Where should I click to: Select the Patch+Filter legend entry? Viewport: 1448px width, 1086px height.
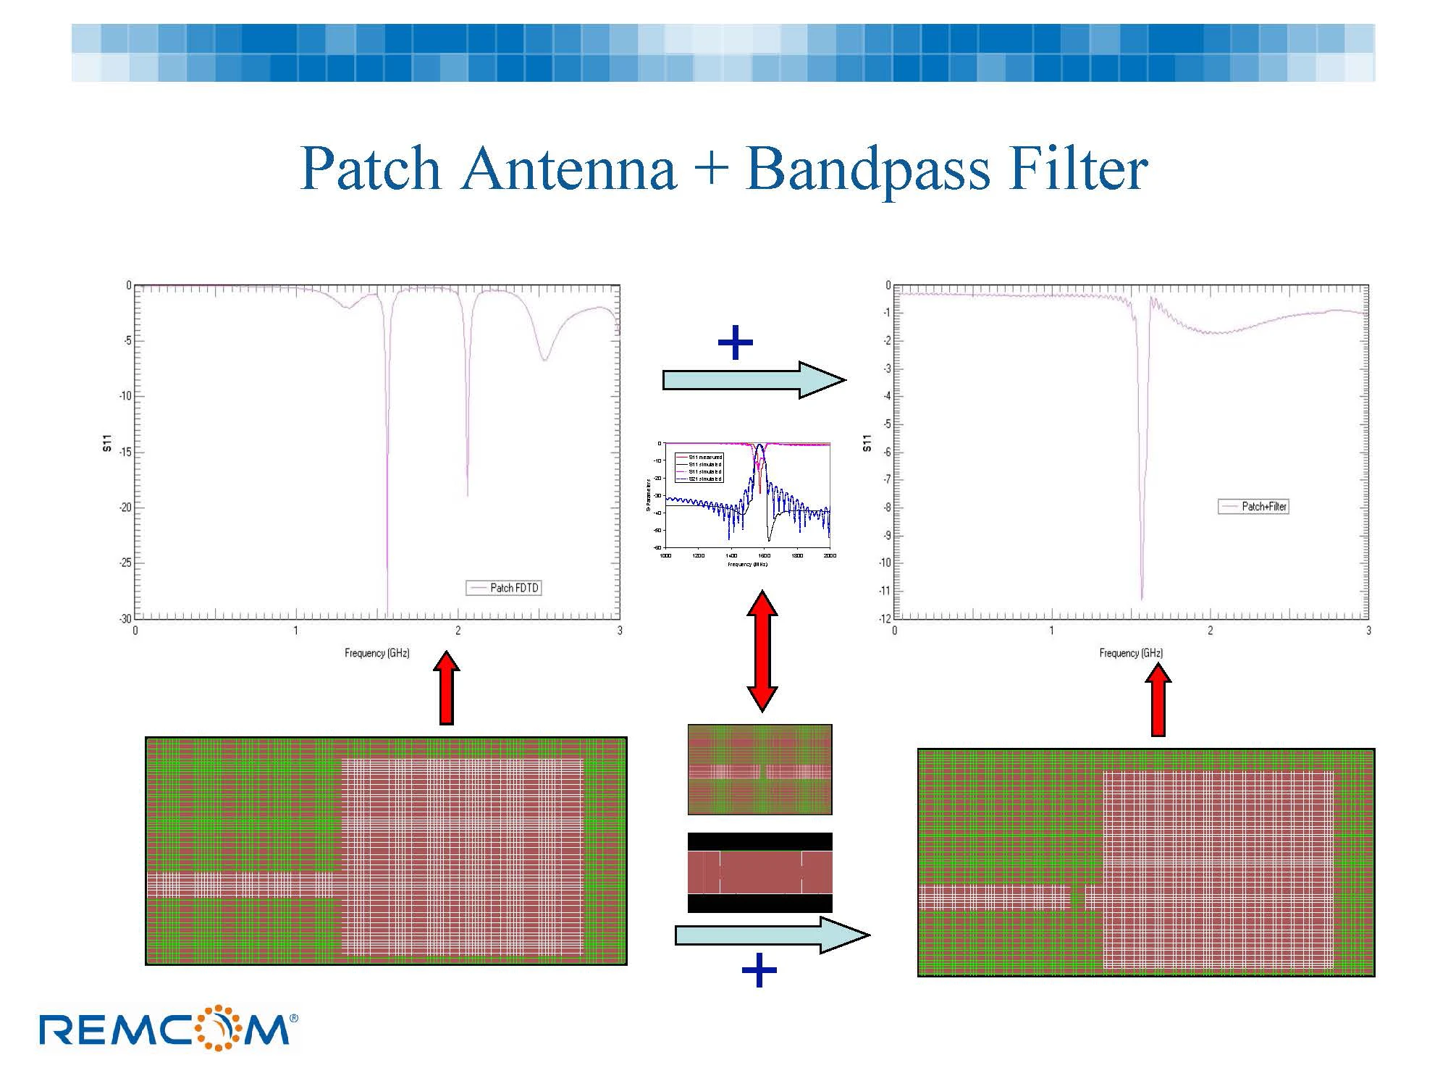(1254, 507)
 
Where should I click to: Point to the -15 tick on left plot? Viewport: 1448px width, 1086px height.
(125, 452)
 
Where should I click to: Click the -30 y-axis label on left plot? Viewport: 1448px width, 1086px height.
(125, 618)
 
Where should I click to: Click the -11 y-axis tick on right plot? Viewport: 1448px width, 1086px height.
(885, 591)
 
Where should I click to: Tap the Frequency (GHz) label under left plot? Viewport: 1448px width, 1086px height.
(376, 653)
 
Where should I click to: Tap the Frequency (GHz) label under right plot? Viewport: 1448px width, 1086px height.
(1131, 653)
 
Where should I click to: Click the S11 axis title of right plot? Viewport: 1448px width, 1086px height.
(867, 444)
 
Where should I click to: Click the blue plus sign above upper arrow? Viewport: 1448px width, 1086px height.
(735, 343)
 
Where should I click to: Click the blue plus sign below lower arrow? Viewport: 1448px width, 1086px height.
(759, 971)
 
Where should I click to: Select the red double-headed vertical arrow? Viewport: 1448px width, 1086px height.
(762, 650)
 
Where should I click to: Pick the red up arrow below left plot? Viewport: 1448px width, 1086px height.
(447, 688)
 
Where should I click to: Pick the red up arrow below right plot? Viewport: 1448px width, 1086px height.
(1158, 700)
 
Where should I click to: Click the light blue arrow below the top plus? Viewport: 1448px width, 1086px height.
(753, 380)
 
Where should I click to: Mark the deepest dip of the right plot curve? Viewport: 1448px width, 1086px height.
(1142, 598)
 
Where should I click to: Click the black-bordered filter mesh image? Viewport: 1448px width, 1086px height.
(759, 872)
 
